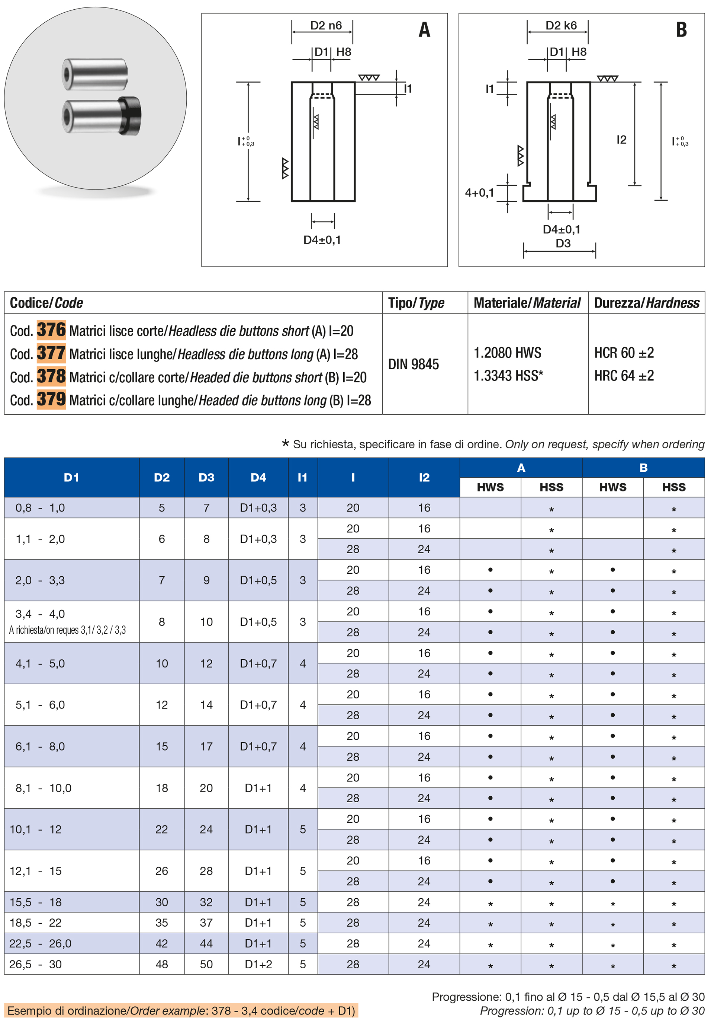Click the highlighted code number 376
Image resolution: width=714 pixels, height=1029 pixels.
tap(51, 330)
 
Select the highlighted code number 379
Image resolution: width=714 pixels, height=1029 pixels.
tap(51, 399)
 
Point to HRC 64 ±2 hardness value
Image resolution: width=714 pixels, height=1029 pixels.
tap(624, 375)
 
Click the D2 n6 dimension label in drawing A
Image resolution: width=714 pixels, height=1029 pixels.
tap(326, 26)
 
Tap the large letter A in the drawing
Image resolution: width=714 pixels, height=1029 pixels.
tap(424, 30)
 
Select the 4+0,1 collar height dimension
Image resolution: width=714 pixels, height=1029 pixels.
tap(479, 193)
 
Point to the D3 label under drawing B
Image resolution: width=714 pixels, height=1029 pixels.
tap(563, 243)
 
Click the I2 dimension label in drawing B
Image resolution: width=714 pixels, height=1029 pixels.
tap(621, 140)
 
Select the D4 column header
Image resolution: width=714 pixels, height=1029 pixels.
tap(258, 477)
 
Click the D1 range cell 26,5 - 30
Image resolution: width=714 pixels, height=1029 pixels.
tap(36, 964)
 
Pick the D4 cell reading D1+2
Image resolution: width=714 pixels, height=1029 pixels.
tap(258, 964)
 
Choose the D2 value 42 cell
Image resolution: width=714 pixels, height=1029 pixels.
tap(161, 943)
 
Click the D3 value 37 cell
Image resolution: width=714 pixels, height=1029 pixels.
tap(206, 923)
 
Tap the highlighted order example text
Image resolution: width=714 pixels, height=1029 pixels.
tap(181, 1011)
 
